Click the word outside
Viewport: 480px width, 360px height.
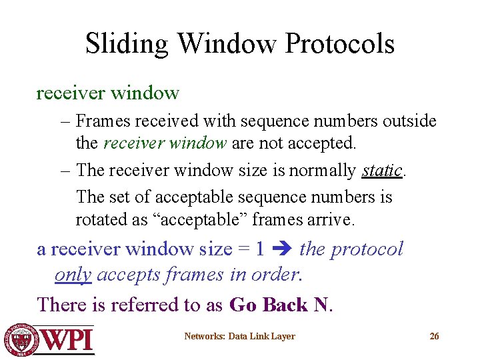pyautogui.click(x=410, y=121)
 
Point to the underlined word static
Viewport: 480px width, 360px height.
pyautogui.click(x=382, y=170)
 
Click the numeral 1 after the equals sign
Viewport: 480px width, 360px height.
pyautogui.click(x=260, y=249)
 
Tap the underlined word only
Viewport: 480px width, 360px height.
pyautogui.click(x=73, y=275)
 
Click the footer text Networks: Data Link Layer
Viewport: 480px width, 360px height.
pyautogui.click(x=239, y=336)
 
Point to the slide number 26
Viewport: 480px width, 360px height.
pyautogui.click(x=434, y=336)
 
